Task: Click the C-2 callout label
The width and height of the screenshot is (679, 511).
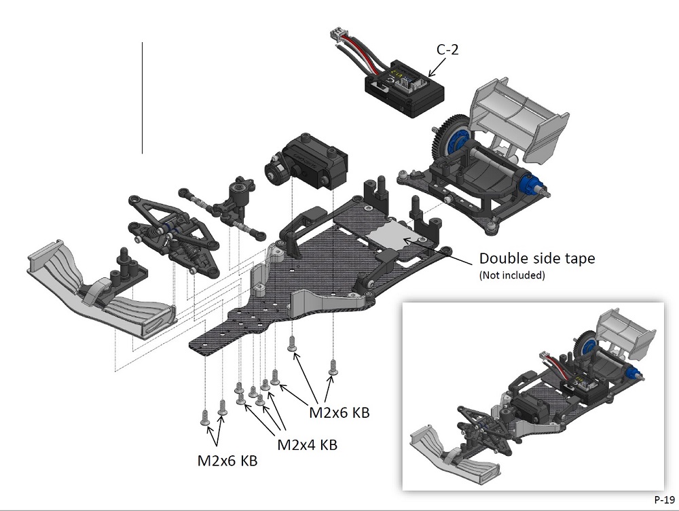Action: pyautogui.click(x=447, y=49)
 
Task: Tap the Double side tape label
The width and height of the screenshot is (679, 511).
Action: pyautogui.click(x=538, y=259)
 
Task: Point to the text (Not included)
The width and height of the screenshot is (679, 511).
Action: pyautogui.click(x=513, y=275)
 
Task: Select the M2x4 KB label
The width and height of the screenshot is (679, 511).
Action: pyautogui.click(x=308, y=445)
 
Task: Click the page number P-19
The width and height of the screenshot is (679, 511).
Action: pyautogui.click(x=664, y=499)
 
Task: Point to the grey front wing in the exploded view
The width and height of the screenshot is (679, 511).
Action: pyautogui.click(x=102, y=292)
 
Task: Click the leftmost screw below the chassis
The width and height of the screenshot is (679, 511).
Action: pyautogui.click(x=205, y=417)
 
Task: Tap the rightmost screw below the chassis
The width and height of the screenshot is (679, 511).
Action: pyautogui.click(x=333, y=367)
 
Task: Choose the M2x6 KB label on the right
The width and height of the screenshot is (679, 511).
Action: pyautogui.click(x=339, y=412)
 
